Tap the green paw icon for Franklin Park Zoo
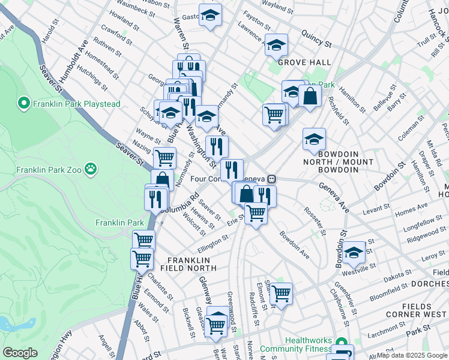point(91,168)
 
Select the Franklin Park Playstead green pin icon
point(24,104)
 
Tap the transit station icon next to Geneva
point(272,178)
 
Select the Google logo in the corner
point(20,353)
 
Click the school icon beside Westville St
point(354,252)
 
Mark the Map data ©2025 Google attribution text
point(412,355)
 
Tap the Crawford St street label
point(116,35)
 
